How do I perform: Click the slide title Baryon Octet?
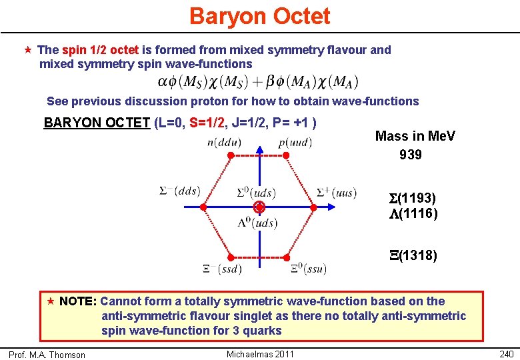coord(259,16)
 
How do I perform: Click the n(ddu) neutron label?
coord(225,142)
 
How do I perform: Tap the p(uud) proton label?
coord(295,142)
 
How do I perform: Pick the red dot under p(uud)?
coord(286,155)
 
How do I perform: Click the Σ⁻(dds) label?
coord(179,191)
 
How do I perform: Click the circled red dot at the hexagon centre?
coord(259,207)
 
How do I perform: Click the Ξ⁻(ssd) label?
coord(222,269)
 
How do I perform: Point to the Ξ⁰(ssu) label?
coord(308,269)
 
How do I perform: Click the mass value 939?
coord(411,155)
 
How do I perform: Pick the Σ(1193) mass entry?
coord(413,198)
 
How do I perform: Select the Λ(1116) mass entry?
coord(413,213)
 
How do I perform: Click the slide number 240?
coord(507,354)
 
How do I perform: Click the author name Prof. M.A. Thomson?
coord(47,355)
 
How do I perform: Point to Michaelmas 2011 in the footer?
coord(260,353)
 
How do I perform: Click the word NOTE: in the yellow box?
coord(78,301)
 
